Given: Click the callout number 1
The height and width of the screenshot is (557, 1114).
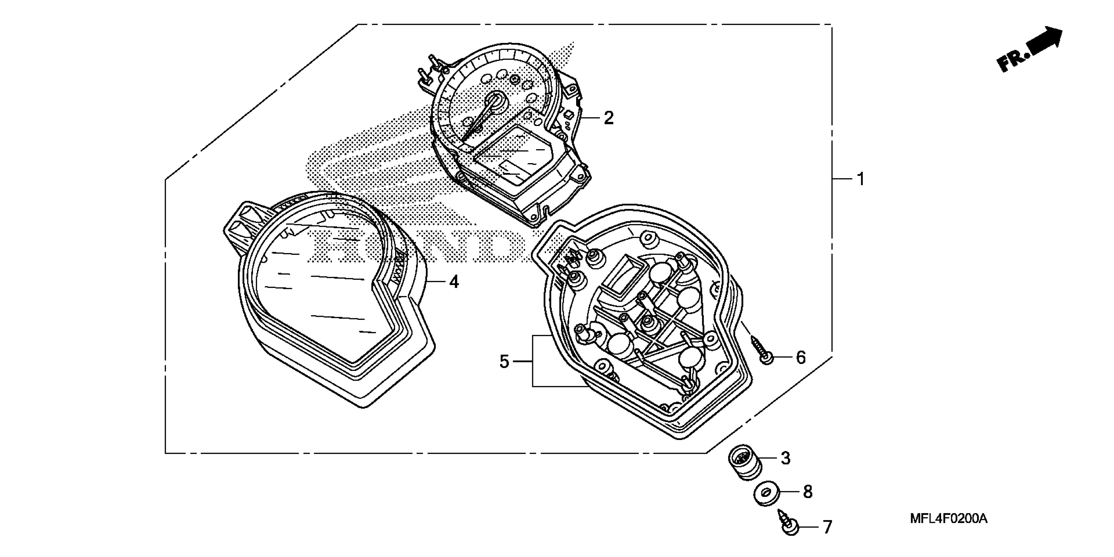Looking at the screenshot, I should tap(861, 179).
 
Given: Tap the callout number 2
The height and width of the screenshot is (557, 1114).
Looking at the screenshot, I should tap(609, 118).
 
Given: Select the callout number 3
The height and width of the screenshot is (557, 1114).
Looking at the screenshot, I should tap(786, 458).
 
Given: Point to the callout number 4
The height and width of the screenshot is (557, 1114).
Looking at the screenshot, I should tap(454, 282).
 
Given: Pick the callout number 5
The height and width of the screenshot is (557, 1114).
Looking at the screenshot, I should tap(504, 361).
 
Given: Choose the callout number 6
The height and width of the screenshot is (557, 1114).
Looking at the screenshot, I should tap(801, 357).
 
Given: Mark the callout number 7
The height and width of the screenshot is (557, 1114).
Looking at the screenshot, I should tap(827, 528).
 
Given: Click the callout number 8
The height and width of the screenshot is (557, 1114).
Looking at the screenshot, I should tap(807, 492).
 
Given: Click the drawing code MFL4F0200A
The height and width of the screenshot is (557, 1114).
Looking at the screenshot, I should tap(948, 518).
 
